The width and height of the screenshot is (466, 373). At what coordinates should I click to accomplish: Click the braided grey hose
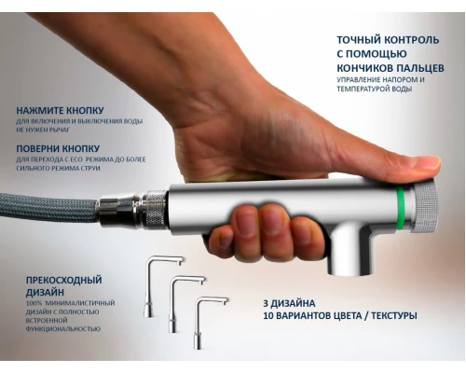47,207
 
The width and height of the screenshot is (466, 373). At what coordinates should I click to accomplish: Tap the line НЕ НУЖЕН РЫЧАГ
44,131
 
